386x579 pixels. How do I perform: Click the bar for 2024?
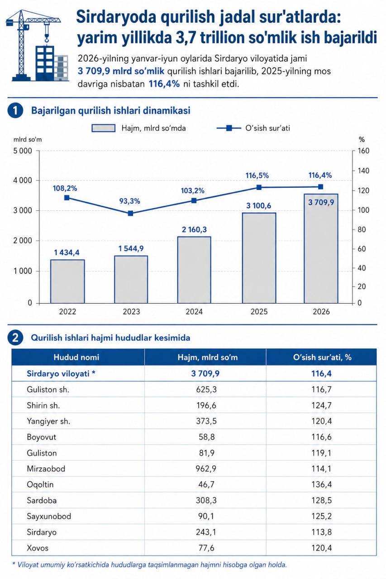tap(194, 270)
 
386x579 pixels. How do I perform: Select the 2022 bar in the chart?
tap(67, 281)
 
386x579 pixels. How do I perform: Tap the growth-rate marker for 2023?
tap(131, 213)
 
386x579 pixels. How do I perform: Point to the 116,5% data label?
tap(257, 176)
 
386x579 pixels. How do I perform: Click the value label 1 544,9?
tap(131, 248)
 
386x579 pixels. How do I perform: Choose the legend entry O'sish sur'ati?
tap(253, 128)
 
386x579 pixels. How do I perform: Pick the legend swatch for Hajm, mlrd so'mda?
tap(104, 128)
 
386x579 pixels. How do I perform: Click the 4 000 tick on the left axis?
tap(23, 180)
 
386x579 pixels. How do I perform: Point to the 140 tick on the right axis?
tap(363, 171)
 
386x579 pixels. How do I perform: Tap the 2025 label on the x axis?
tap(259, 312)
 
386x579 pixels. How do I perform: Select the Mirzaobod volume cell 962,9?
tap(206, 469)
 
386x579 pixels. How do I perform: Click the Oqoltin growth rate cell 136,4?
tap(321, 484)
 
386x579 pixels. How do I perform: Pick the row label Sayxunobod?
tap(49, 516)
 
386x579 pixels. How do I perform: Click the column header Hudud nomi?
tap(76, 357)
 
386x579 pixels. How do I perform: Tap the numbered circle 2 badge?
tap(15, 337)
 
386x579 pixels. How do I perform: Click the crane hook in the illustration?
tap(47, 39)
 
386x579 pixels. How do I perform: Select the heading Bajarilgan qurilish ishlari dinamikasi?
tap(111, 111)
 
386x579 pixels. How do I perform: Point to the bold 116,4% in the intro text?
tap(164, 84)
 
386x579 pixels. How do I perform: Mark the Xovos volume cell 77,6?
tap(206, 548)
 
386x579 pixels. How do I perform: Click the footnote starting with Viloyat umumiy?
tap(150, 565)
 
